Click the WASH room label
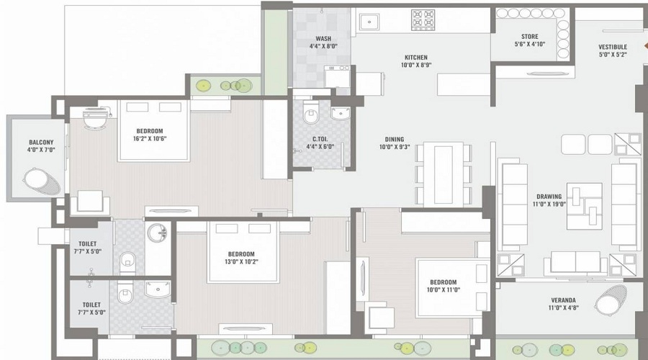(323, 39)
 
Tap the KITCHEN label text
(415, 58)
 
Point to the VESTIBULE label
(613, 47)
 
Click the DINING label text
(394, 140)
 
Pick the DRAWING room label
(549, 197)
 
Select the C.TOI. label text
(321, 140)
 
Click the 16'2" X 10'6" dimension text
(150, 139)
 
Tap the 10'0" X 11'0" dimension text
(443, 290)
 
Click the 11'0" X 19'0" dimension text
(549, 204)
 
